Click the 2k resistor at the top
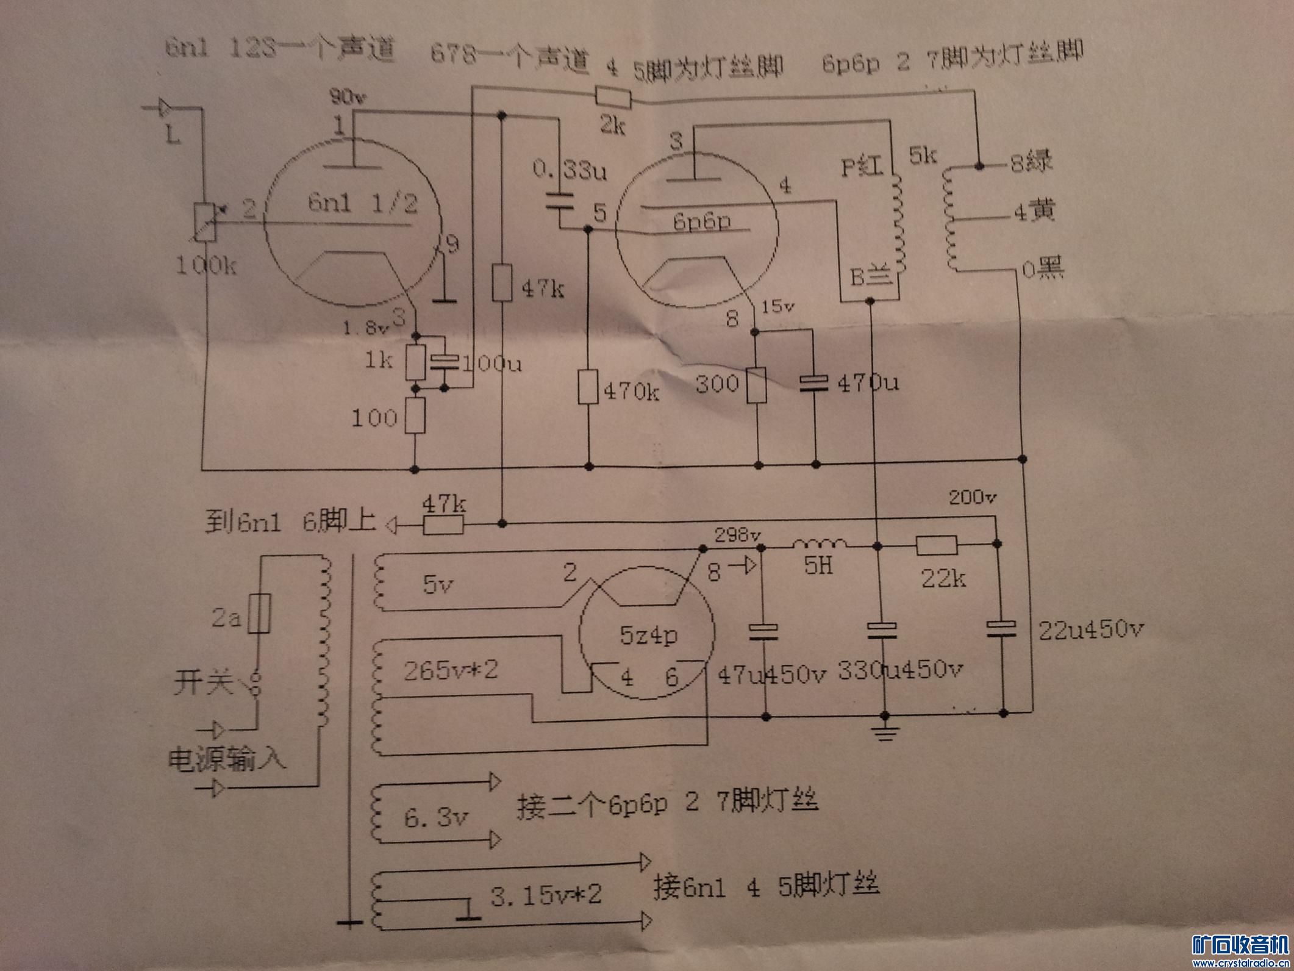coord(613,98)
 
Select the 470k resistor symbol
coord(588,387)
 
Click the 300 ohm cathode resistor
coord(757,385)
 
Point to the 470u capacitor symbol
coord(813,383)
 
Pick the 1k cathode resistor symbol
coord(416,362)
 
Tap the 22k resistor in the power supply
coord(937,545)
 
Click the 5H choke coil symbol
coord(819,543)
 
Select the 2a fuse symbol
coord(260,613)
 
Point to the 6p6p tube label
coord(701,221)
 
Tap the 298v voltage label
coord(737,536)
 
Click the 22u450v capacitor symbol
coord(1002,629)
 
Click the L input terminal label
coord(174,134)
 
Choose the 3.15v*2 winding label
coord(546,895)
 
